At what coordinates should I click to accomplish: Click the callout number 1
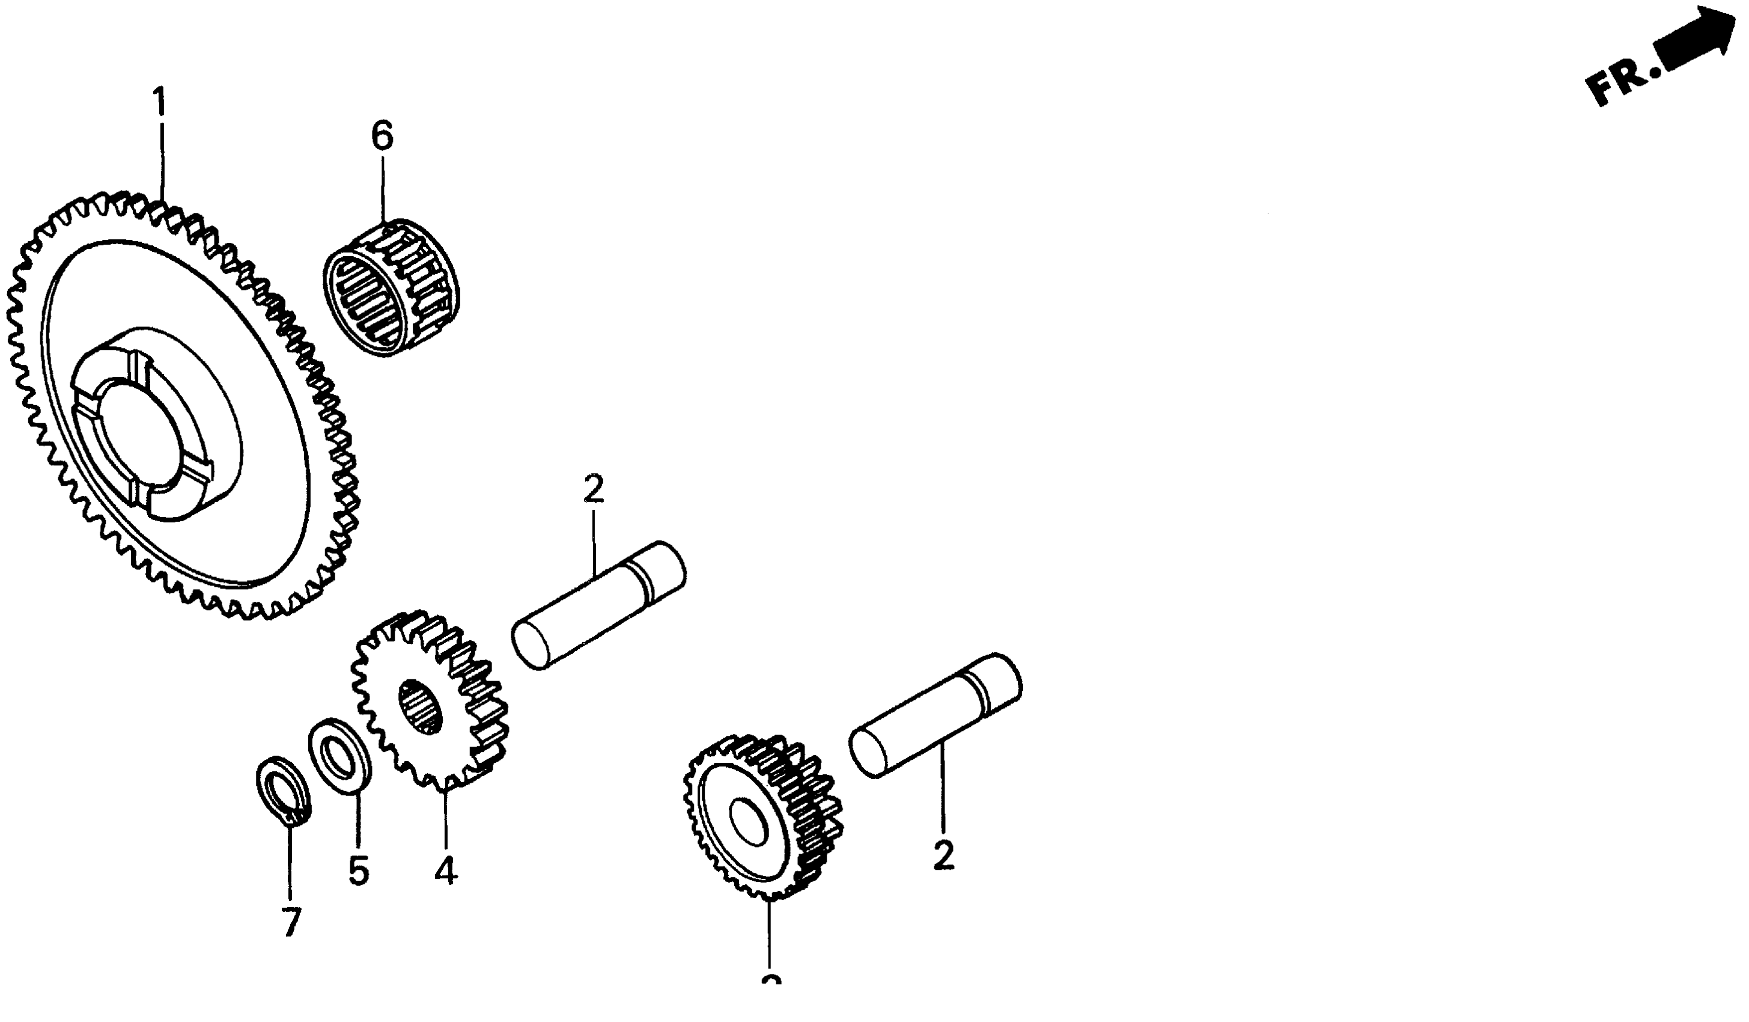click(x=160, y=103)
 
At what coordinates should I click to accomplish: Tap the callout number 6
click(x=382, y=135)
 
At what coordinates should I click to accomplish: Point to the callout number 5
click(x=358, y=871)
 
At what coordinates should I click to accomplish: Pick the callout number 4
click(x=446, y=871)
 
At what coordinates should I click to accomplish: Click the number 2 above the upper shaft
click(x=594, y=489)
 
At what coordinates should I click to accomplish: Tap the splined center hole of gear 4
click(x=421, y=707)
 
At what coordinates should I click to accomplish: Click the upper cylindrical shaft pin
click(x=598, y=605)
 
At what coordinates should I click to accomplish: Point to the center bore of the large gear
click(x=142, y=448)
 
